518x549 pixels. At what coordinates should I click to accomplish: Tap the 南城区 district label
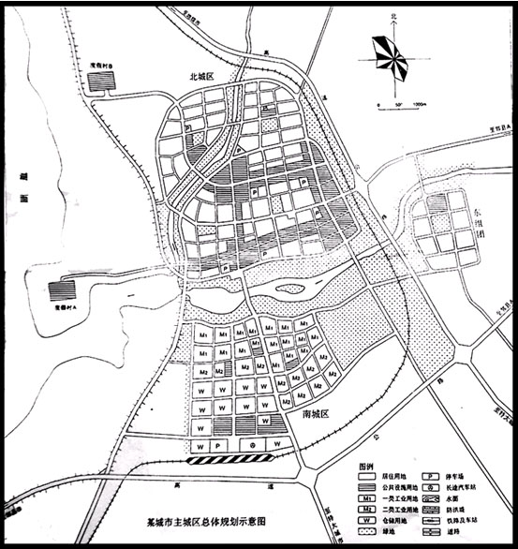tap(304, 413)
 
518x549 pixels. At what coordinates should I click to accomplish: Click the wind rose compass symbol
tap(390, 58)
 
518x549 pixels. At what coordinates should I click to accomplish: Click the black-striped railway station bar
tap(229, 459)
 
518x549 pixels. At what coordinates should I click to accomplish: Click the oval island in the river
tap(290, 289)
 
